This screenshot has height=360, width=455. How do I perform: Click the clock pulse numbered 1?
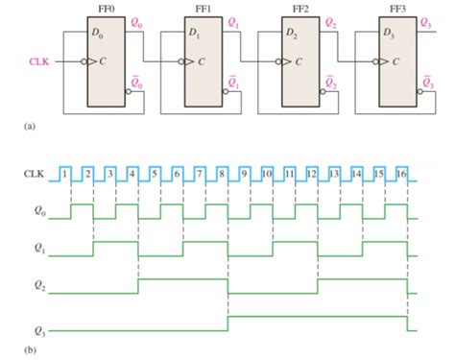[64, 173]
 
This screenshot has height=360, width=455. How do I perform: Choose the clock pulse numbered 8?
[222, 173]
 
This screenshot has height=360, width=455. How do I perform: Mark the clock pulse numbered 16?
[402, 173]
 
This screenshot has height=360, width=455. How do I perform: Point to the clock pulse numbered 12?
[312, 173]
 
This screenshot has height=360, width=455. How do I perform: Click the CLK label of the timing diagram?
[34, 174]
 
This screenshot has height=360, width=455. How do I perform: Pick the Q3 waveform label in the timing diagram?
[32, 329]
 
